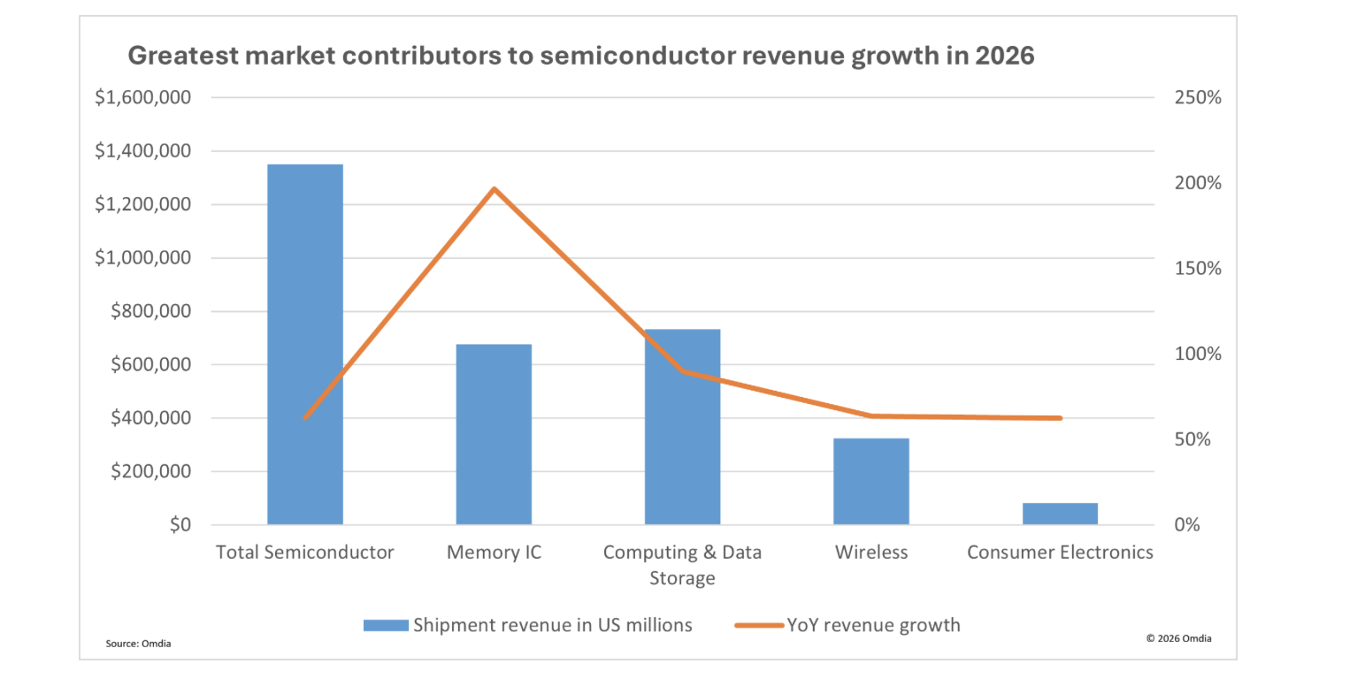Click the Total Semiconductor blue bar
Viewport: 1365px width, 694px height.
click(304, 345)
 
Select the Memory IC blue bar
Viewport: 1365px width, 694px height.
click(494, 434)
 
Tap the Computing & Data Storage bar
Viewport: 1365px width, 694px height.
click(682, 427)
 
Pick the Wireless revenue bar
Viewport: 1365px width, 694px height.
click(870, 481)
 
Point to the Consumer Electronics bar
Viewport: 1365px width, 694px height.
click(1060, 514)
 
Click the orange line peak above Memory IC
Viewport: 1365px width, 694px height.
click(494, 188)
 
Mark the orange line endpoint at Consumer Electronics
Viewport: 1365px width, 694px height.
click(1060, 418)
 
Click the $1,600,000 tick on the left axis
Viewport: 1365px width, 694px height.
click(142, 97)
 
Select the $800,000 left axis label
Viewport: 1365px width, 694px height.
click(150, 311)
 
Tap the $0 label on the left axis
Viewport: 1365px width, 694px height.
click(180, 525)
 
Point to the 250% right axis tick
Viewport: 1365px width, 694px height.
click(1198, 98)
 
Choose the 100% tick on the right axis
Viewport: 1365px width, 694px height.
click(1198, 355)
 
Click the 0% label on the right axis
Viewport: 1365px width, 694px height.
click(1187, 525)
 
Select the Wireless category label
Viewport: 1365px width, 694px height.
click(870, 553)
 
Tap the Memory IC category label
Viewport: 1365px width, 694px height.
click(494, 553)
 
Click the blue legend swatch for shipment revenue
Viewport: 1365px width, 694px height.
click(386, 625)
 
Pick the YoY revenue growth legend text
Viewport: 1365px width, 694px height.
click(873, 625)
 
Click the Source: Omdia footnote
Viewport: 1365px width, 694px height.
click(138, 644)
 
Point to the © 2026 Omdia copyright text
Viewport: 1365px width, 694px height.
click(1178, 638)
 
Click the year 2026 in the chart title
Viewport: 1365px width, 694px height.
click(1004, 56)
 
